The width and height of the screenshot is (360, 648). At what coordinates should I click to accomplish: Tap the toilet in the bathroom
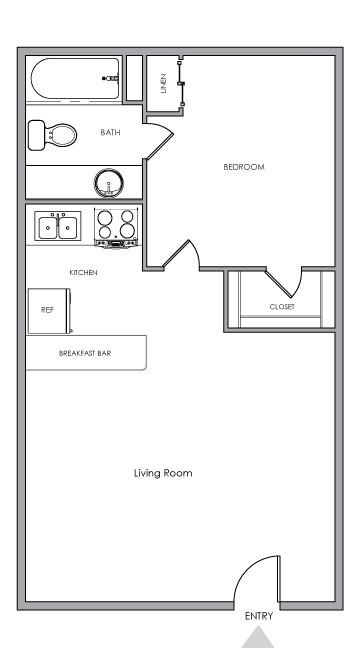coord(52,134)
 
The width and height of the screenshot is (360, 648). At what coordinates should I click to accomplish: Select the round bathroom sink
coord(108,183)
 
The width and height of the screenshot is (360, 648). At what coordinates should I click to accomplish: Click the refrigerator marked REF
coord(47,310)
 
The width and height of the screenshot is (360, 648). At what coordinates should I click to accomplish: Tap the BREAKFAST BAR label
coord(84,353)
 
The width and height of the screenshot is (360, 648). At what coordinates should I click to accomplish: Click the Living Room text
coord(163,473)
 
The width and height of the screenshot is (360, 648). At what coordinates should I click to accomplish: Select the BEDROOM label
coord(243,167)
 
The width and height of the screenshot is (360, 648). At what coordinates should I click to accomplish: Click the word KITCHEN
coord(83,272)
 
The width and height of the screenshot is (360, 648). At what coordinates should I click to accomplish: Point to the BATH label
coord(110,131)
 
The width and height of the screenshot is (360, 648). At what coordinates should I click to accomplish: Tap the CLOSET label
coord(281,307)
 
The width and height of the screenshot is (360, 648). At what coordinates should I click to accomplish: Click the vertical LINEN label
coord(163,82)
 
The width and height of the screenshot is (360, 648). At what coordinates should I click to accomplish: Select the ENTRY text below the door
coord(258,616)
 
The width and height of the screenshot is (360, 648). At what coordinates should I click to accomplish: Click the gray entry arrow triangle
coord(258,637)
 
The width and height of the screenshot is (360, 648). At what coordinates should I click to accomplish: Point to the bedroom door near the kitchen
coord(183,254)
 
